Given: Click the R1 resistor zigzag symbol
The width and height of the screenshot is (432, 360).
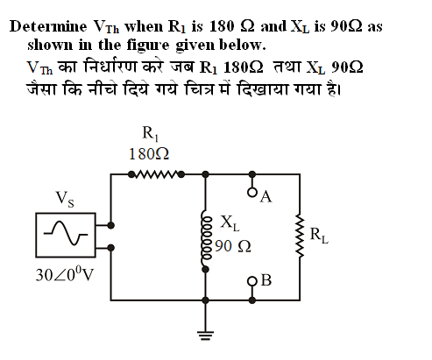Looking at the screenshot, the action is (156, 174).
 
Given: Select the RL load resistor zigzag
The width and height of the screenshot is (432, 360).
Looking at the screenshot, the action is (300, 236).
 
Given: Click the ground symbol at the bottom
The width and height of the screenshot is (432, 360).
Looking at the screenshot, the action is (206, 335).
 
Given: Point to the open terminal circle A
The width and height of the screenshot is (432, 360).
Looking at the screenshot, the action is (252, 193).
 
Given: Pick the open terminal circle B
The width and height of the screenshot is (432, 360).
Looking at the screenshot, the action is (252, 281).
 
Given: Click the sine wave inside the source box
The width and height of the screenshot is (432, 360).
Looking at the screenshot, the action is (66, 233).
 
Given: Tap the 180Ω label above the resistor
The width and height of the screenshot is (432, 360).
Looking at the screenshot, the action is (149, 154).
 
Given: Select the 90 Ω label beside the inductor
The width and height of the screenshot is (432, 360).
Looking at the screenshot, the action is (233, 246).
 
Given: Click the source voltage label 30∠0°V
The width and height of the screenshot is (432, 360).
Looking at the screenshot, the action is (64, 275).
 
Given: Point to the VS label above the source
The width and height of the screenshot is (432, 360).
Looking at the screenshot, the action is (65, 199).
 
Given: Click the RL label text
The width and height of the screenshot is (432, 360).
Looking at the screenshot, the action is (319, 236).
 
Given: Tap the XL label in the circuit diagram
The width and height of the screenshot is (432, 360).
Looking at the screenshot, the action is (230, 223).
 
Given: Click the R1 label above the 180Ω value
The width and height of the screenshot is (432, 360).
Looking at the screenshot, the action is (151, 134).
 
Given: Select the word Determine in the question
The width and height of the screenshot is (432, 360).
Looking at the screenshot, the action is (48, 26).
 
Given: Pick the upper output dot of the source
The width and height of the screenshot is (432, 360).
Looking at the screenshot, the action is (110, 225).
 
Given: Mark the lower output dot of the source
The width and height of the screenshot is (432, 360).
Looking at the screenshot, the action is (110, 248).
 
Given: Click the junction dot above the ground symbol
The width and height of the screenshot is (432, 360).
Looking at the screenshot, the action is (206, 300).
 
